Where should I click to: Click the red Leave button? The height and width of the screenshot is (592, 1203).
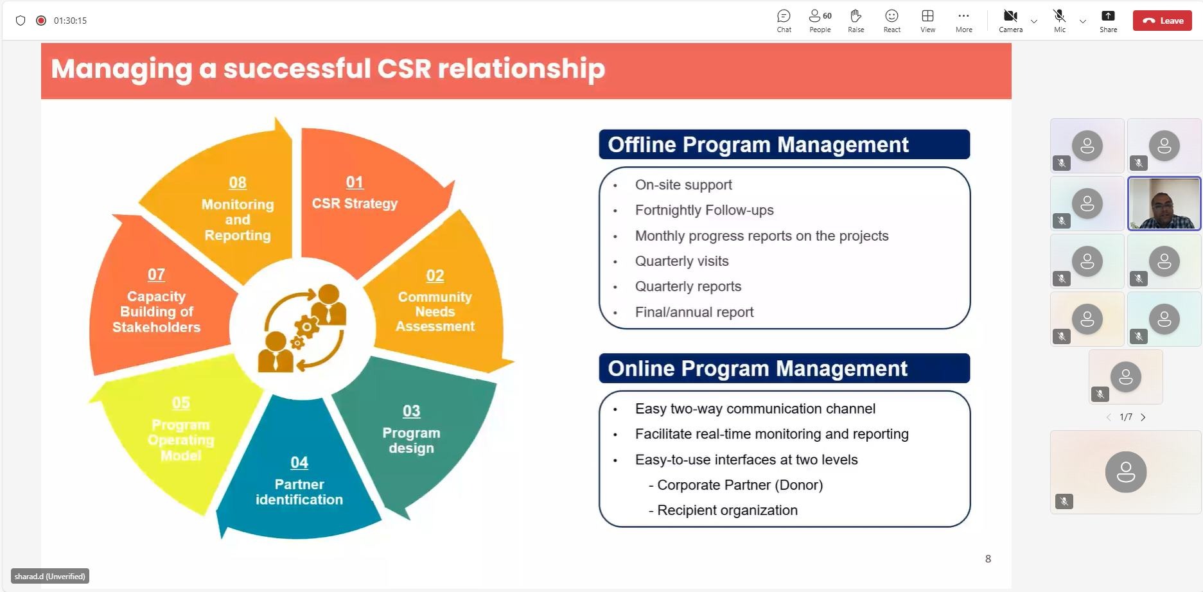point(1162,21)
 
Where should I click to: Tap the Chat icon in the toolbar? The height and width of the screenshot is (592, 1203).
point(784,16)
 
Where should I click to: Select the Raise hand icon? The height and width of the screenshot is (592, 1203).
point(856,16)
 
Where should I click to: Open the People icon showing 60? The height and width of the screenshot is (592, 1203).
point(820,16)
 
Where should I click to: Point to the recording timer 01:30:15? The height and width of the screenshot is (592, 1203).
point(70,21)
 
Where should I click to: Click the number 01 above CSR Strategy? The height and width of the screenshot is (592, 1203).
point(355,182)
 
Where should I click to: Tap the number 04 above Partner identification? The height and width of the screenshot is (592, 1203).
point(299,463)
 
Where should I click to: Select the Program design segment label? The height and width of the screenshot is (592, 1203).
point(411,440)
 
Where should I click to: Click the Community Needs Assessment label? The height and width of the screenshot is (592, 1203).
point(435,311)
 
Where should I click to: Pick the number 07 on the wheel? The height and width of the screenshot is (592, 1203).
point(156,275)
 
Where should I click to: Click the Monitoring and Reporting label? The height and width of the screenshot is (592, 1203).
point(238,220)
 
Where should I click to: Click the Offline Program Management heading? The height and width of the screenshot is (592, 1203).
point(758,144)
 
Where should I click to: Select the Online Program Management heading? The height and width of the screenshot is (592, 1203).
point(757,369)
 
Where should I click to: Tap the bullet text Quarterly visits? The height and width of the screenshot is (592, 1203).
point(681,261)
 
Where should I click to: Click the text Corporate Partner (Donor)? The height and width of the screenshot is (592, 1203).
point(740,485)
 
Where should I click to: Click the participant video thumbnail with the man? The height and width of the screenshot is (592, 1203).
point(1164,204)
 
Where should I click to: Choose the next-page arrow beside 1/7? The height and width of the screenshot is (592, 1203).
point(1143,417)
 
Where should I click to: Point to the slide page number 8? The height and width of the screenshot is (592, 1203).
point(988,559)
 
